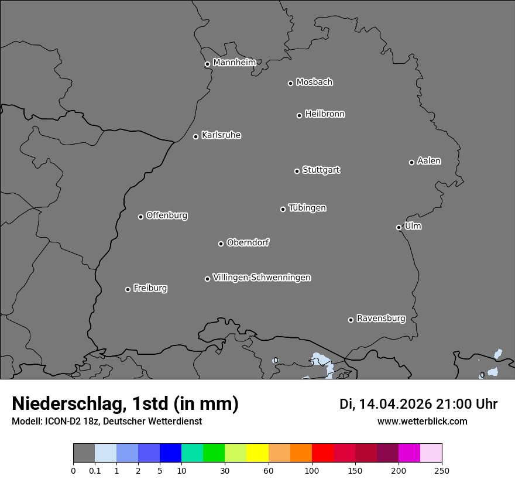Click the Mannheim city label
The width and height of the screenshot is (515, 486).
click(x=234, y=63)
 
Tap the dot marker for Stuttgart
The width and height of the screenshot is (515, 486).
click(x=297, y=171)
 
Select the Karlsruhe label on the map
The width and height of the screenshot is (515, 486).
click(x=221, y=135)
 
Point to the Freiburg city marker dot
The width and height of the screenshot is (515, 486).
click(x=128, y=289)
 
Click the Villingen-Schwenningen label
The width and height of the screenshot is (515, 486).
click(x=262, y=278)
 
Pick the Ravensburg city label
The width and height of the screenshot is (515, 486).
click(x=381, y=319)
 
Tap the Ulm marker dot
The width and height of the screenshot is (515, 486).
click(x=399, y=227)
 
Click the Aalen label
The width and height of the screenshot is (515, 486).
click(x=429, y=161)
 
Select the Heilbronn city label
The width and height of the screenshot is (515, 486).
click(x=325, y=114)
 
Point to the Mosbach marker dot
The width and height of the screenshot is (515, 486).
click(x=290, y=83)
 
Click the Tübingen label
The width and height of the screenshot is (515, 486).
click(x=307, y=208)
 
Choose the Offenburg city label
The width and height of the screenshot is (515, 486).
click(x=167, y=215)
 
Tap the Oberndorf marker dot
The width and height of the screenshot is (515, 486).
click(x=221, y=244)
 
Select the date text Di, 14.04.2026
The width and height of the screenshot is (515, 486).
click(x=385, y=404)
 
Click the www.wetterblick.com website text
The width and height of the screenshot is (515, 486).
click(x=423, y=421)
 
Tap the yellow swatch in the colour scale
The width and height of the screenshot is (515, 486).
click(x=257, y=453)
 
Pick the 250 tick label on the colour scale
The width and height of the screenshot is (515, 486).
click(x=442, y=470)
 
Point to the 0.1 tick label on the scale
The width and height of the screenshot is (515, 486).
click(x=95, y=470)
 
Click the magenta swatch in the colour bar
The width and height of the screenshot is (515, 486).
click(x=409, y=453)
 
